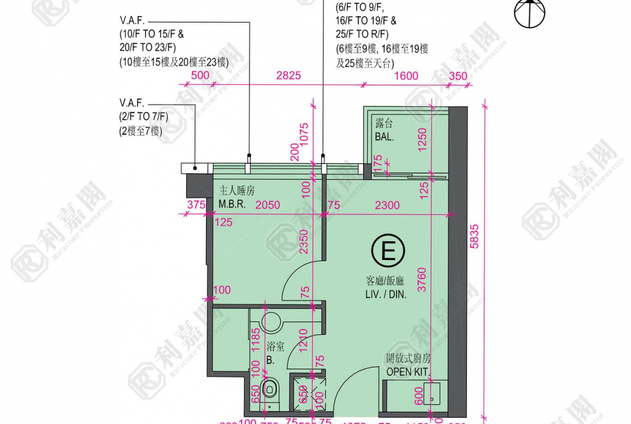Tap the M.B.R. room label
233,205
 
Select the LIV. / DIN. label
385,295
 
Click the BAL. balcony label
384,137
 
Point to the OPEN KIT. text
408,372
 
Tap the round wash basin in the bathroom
271,321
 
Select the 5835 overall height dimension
474,236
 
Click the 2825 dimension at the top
289,76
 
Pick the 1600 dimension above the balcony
406,76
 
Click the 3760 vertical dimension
422,280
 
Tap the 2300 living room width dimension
387,205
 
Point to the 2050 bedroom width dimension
268,205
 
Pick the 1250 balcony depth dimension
422,139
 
